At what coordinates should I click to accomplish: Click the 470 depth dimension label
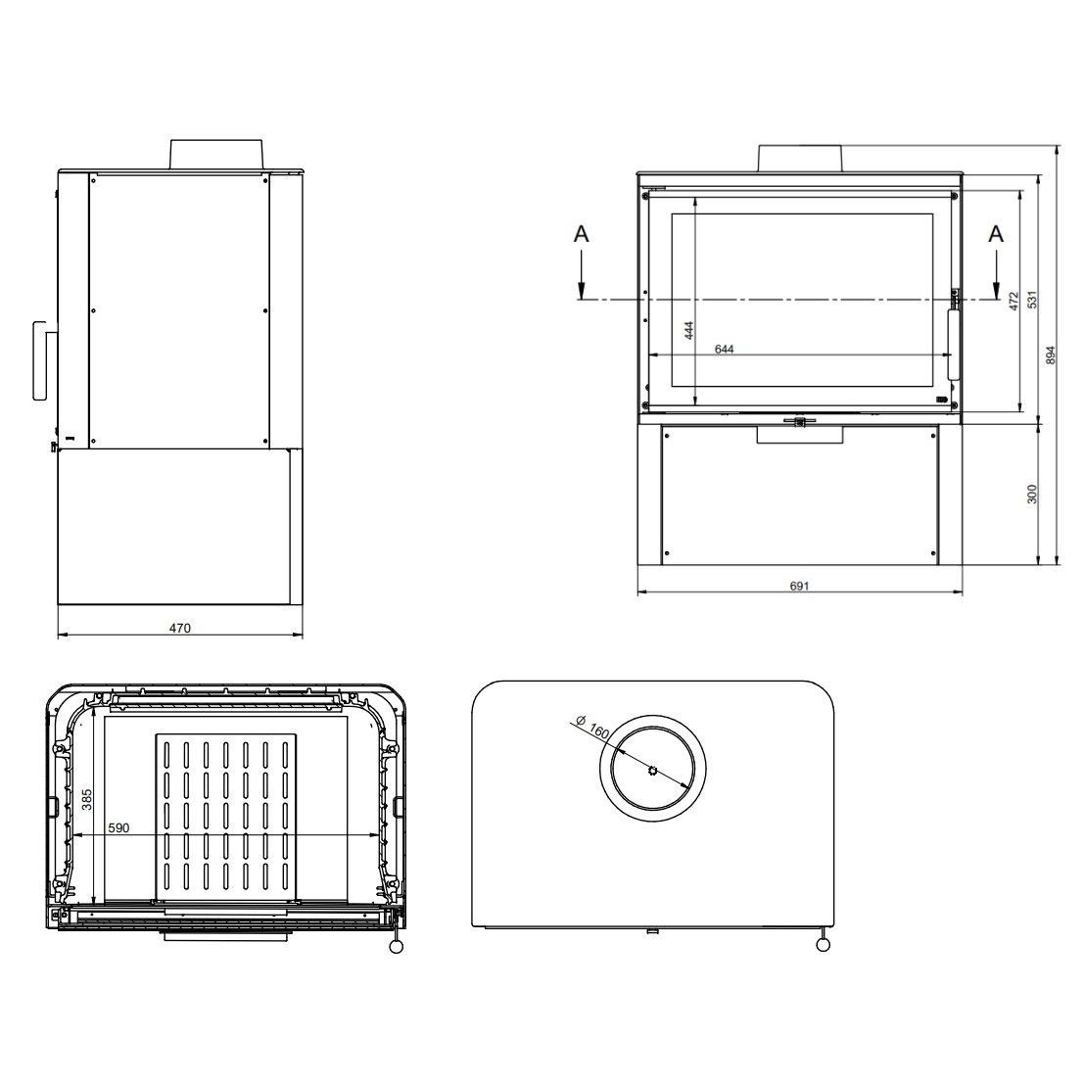click(179, 628)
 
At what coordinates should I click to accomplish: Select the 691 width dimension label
click(799, 586)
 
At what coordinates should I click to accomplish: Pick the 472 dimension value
click(1014, 301)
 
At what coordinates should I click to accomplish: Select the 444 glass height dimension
click(688, 330)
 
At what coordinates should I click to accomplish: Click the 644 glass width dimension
click(724, 350)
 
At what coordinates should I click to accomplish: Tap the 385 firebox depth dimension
click(86, 798)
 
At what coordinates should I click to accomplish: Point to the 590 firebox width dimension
click(118, 827)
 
